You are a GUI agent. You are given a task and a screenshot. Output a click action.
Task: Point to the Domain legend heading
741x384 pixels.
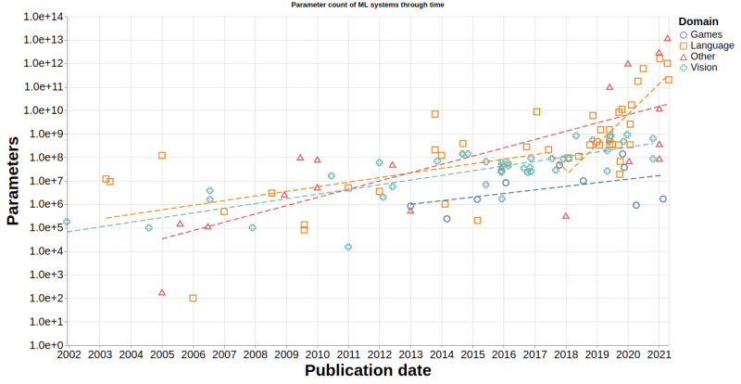coord(698,20)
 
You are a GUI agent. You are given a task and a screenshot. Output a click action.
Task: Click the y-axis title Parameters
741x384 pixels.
coord(13,181)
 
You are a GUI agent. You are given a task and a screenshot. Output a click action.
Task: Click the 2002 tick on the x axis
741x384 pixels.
coord(68,355)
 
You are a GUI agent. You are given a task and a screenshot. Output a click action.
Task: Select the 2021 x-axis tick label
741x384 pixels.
coord(659,355)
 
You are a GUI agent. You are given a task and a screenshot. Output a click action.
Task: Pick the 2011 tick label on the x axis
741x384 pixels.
coord(347,355)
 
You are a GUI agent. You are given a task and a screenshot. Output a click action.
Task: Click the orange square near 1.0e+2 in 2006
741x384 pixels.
coord(193,298)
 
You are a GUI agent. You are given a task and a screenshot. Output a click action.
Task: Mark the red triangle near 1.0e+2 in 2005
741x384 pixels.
coord(162,292)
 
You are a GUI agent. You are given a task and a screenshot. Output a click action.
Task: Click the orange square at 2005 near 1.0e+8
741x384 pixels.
coord(162,155)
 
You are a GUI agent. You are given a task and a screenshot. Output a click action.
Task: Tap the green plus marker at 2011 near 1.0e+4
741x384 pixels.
coord(348,247)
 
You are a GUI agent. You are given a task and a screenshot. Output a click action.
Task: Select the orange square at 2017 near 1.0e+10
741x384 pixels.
coord(536,111)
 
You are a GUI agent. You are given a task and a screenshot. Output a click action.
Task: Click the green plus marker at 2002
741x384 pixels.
coord(67,222)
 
